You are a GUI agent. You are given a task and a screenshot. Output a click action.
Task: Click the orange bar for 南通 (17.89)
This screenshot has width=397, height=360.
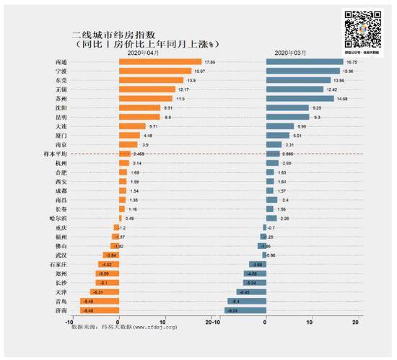pyautogui.click(x=160, y=61)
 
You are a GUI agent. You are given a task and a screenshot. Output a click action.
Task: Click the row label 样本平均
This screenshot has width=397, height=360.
pyautogui.click(x=56, y=154)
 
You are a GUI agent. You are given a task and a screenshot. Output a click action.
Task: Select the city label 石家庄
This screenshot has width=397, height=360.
pyautogui.click(x=58, y=265)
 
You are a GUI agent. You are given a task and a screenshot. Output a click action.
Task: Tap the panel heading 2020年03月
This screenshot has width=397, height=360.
pyautogui.click(x=289, y=53)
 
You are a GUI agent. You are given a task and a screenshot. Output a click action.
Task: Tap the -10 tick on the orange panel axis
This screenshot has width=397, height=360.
pyautogui.click(x=70, y=320)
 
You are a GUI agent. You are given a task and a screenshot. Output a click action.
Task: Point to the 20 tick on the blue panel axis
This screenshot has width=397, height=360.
pyautogui.click(x=355, y=320)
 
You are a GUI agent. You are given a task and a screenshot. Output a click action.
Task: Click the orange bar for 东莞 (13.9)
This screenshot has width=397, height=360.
pyautogui.click(x=151, y=80)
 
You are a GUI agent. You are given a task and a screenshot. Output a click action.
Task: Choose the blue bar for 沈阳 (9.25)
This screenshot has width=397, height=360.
pyautogui.click(x=287, y=107)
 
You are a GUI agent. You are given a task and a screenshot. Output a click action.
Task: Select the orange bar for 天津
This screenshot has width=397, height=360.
pyautogui.click(x=105, y=292)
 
